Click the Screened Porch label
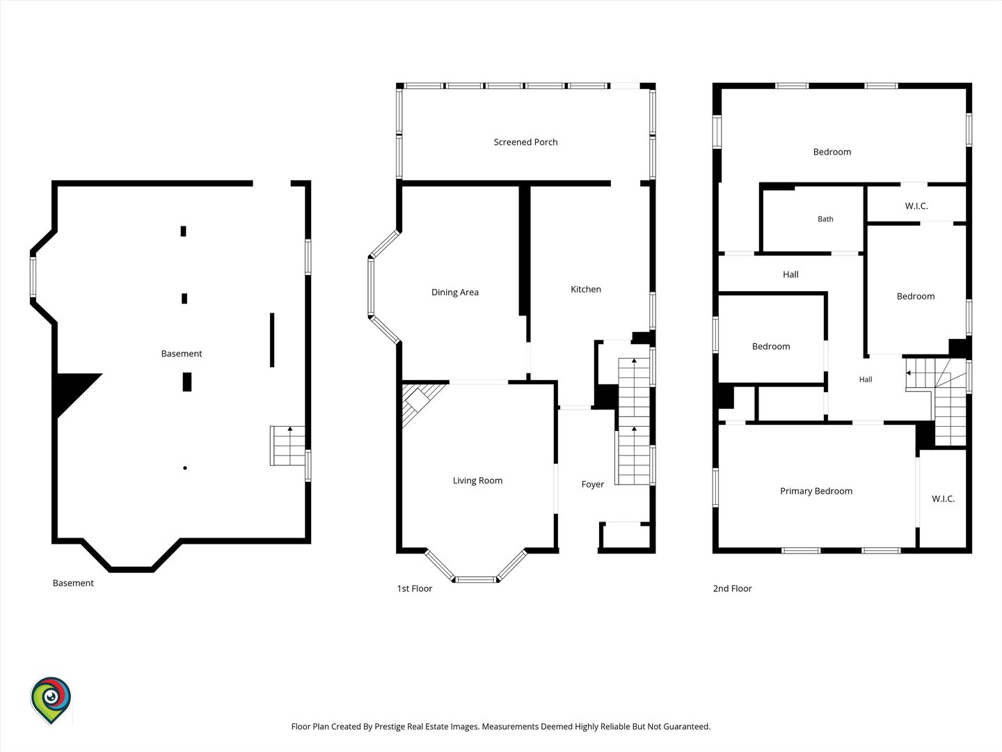pyautogui.click(x=525, y=142)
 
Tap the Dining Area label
pyautogui.click(x=454, y=292)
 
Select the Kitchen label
pyautogui.click(x=586, y=289)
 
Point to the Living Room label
pyautogui.click(x=477, y=480)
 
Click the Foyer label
pyautogui.click(x=593, y=485)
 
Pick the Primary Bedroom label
pyautogui.click(x=816, y=491)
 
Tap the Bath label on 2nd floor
pyautogui.click(x=825, y=219)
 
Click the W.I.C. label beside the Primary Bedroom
pyautogui.click(x=943, y=499)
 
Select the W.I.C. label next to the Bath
pyautogui.click(x=916, y=206)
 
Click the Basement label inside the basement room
pyautogui.click(x=181, y=354)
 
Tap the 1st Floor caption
pyautogui.click(x=415, y=588)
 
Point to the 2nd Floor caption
pyautogui.click(x=732, y=588)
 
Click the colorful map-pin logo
pyautogui.click(x=51, y=699)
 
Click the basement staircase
pyautogui.click(x=287, y=446)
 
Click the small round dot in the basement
pyautogui.click(x=185, y=468)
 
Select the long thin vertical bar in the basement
pyautogui.click(x=272, y=340)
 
